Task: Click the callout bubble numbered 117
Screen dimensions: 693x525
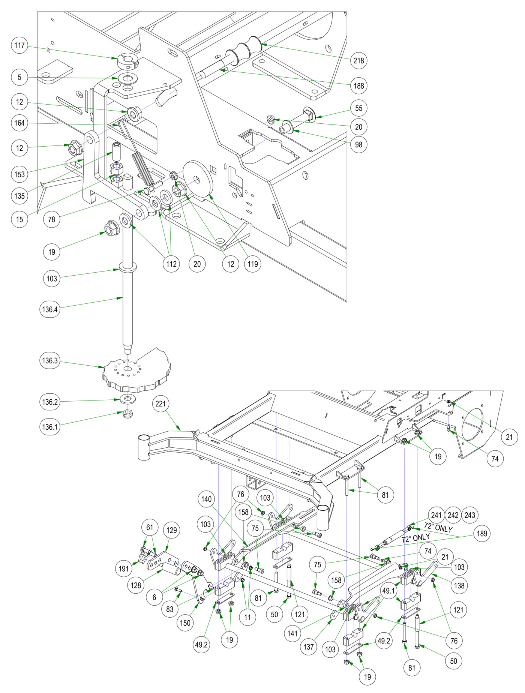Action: pos(19,46)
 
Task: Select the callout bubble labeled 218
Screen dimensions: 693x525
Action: pos(358,60)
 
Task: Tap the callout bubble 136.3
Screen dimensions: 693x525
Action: pos(50,361)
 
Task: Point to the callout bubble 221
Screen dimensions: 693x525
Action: pos(160,403)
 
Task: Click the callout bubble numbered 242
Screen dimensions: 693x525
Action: pos(453,515)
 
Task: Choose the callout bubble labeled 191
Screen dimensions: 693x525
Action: pos(124,568)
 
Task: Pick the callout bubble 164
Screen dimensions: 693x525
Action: pos(19,123)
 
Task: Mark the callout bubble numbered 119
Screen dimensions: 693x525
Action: pos(253,264)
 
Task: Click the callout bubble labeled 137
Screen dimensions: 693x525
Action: pos(308,646)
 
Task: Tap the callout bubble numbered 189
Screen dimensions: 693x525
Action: pos(482,533)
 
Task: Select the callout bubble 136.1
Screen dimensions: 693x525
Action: pos(50,427)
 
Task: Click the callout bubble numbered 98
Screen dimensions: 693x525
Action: pos(358,144)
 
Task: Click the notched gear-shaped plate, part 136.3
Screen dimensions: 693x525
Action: pos(139,371)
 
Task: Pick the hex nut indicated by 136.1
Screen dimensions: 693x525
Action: pos(128,413)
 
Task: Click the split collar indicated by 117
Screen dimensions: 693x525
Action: pos(127,61)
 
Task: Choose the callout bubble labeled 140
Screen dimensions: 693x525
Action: pos(206,499)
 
